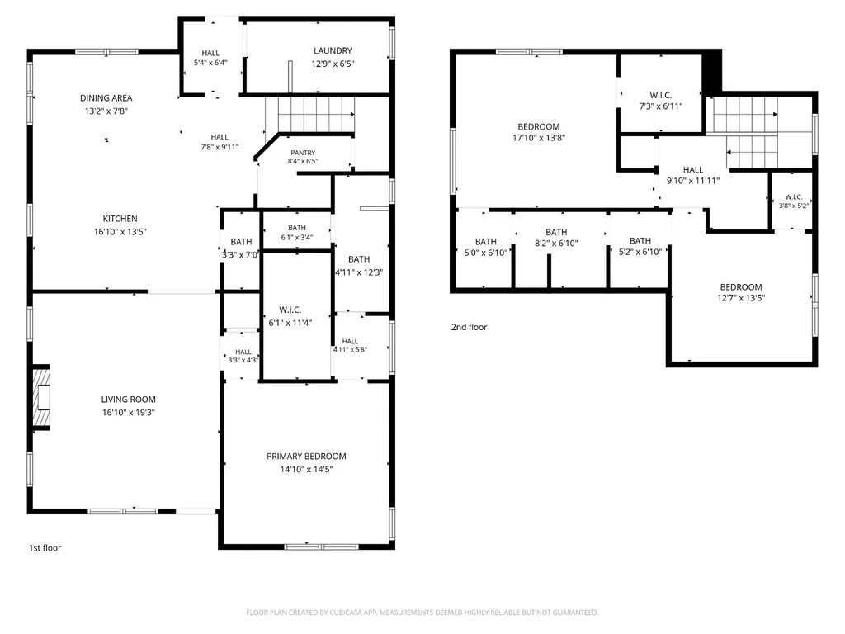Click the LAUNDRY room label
pos(333,50)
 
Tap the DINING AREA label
pos(106,98)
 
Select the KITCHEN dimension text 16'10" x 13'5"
pos(120,232)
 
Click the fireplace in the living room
pos(41,398)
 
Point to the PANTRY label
pos(303,153)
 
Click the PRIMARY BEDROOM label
pos(306,456)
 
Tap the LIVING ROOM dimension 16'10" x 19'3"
pos(129,413)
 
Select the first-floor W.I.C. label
pos(290,310)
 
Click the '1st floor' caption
pos(45,548)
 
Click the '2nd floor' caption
pos(469,327)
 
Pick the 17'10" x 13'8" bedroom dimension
pos(539,138)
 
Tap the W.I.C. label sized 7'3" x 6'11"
pos(661,96)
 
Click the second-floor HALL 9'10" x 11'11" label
pos(693,170)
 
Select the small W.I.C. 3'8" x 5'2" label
pos(794,197)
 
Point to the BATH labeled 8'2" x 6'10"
pos(556,232)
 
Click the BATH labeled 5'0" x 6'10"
pos(485,242)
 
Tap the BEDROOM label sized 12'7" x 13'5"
pos(741,287)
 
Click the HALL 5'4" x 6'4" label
pos(210,53)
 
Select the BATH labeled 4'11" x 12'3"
pos(359,259)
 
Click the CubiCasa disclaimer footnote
pos(422,613)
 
